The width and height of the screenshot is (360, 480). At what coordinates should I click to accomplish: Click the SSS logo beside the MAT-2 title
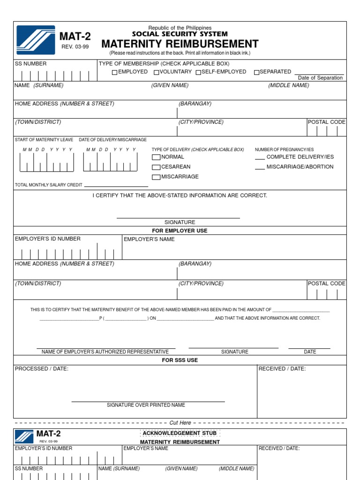point(36,40)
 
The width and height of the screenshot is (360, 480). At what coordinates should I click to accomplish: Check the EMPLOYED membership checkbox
point(114,72)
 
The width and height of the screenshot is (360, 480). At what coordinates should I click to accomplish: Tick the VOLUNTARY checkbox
point(157,72)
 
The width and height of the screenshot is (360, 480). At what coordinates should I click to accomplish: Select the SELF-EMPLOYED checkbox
point(198,72)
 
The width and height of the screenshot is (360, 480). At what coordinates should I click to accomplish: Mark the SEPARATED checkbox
point(256,72)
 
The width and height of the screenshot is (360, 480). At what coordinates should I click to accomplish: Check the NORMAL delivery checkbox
point(156,157)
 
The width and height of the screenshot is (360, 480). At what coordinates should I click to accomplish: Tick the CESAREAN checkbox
point(156,167)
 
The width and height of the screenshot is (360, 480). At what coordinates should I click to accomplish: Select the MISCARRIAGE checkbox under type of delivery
point(156,177)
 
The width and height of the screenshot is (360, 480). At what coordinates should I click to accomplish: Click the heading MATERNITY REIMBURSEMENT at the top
point(180,44)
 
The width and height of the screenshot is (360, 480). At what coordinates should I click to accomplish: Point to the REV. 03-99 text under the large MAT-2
point(75,47)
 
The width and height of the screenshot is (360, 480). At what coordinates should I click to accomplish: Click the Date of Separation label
point(320,78)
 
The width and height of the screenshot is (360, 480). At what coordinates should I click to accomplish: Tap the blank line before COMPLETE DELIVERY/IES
point(260,159)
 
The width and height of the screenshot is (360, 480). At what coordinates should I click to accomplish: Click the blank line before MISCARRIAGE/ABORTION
point(260,169)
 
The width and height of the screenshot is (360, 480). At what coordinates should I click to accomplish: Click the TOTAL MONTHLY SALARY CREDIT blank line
point(116,186)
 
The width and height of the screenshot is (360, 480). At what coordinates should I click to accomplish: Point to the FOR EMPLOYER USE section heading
point(180,231)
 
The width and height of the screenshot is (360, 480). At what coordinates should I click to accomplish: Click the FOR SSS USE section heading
point(180,360)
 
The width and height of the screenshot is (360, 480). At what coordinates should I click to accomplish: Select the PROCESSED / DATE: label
point(42,369)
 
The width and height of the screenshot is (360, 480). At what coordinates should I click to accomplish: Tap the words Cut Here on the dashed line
point(180,423)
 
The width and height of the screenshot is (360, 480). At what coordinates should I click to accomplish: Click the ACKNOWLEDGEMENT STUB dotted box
point(180,433)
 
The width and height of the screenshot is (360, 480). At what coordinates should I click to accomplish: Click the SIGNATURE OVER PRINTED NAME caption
point(146,405)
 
